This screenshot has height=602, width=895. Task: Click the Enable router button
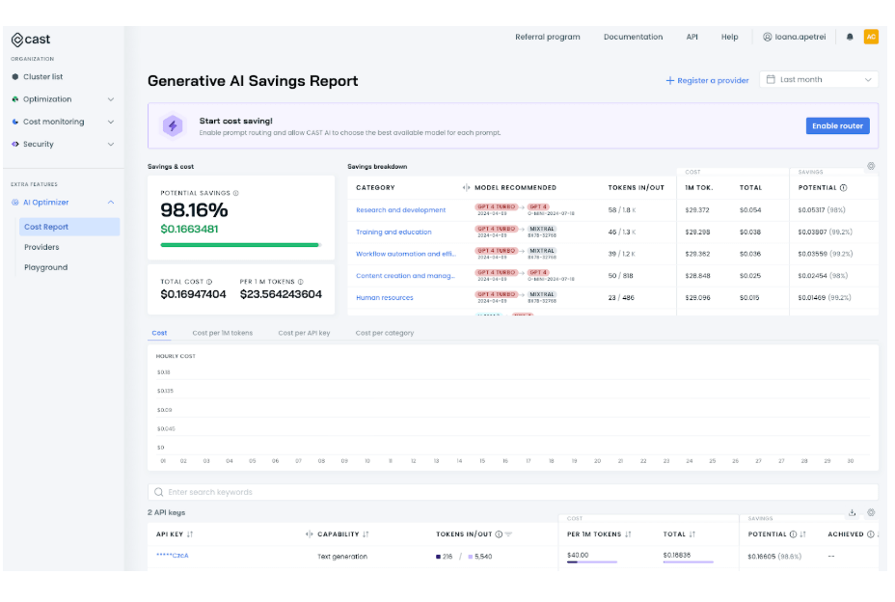coord(837,126)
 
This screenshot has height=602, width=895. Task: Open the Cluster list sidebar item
coord(42,77)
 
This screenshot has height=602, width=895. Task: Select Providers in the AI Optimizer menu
coord(41,248)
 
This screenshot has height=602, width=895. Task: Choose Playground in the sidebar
coord(45,268)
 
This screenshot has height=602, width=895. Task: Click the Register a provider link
coord(707,81)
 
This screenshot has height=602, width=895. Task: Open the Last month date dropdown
coord(819,80)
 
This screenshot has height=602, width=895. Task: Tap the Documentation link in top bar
coord(633,38)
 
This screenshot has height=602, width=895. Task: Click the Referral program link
coord(548,38)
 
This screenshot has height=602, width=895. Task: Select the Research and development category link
coord(400,210)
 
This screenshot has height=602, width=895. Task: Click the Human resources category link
coord(384,298)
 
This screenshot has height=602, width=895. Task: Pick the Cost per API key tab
coord(304,334)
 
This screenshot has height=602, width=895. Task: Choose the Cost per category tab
coord(384,334)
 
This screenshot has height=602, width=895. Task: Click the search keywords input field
coord(511,492)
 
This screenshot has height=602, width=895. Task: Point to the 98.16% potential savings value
coord(194,210)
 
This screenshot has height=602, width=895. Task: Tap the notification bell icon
coord(850,38)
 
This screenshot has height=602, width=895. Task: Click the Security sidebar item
coord(39,145)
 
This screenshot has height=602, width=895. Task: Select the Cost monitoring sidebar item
coord(53,123)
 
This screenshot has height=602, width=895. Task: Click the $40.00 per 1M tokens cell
coord(578,556)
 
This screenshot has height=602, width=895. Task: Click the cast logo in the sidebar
coord(31,40)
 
